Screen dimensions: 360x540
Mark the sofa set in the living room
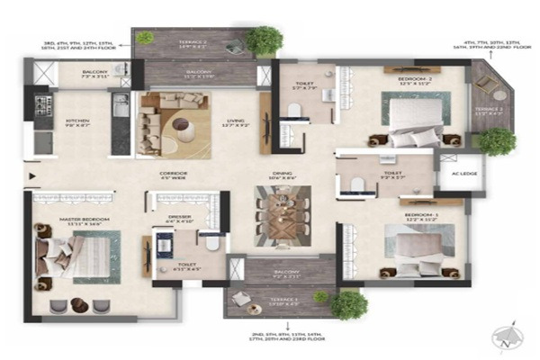pyautogui.click(x=171, y=123)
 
